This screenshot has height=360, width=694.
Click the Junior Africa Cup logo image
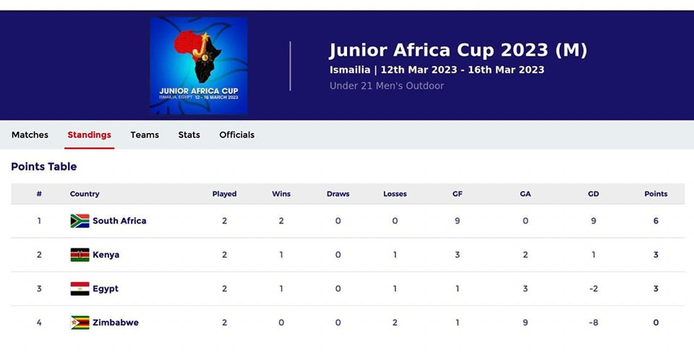click(x=199, y=66)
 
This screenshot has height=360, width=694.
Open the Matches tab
click(x=30, y=134)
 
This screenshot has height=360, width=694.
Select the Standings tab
click(x=90, y=134)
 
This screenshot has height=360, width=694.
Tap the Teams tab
click(x=145, y=134)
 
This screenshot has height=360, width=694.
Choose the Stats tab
click(x=189, y=134)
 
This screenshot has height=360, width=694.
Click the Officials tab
click(x=237, y=134)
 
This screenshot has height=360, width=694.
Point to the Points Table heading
click(x=44, y=166)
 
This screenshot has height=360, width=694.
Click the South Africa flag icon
click(x=80, y=221)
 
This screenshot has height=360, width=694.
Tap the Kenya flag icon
click(x=80, y=254)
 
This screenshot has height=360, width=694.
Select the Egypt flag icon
click(x=80, y=288)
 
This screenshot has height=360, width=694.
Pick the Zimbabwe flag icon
click(x=80, y=322)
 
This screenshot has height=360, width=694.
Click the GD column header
click(x=594, y=194)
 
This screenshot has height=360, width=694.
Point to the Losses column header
click(x=395, y=194)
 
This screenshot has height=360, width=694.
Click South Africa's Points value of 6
click(x=656, y=221)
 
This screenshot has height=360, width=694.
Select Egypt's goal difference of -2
click(x=594, y=288)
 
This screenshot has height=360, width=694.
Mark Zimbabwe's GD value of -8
click(x=594, y=322)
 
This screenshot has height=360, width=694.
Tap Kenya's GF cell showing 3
click(x=457, y=254)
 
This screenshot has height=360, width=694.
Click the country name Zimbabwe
click(x=116, y=322)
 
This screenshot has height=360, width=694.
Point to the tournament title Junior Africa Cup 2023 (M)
click(x=458, y=50)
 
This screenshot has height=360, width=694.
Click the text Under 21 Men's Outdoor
click(x=387, y=86)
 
